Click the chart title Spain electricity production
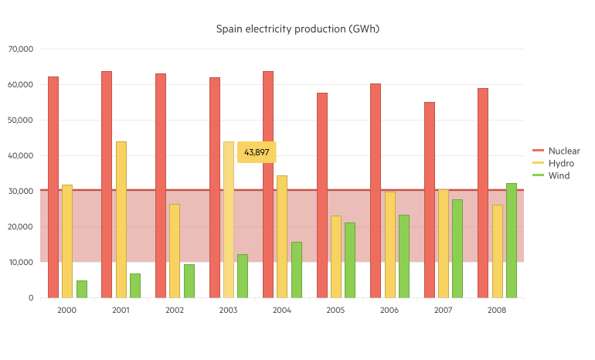pyautogui.click(x=297, y=29)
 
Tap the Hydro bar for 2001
pyautogui.click(x=121, y=219)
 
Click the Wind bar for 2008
pyautogui.click(x=511, y=240)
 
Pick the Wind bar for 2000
pyautogui.click(x=82, y=289)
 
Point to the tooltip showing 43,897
pyautogui.click(x=257, y=152)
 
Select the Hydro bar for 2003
pyautogui.click(x=229, y=219)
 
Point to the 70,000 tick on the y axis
pyautogui.click(x=21, y=49)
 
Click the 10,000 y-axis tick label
pyautogui.click(x=21, y=262)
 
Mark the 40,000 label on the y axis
pyautogui.click(x=21, y=155)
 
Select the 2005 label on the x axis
pyautogui.click(x=335, y=310)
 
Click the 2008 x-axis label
pyautogui.click(x=497, y=310)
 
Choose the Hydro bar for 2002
pyautogui.click(x=175, y=250)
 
